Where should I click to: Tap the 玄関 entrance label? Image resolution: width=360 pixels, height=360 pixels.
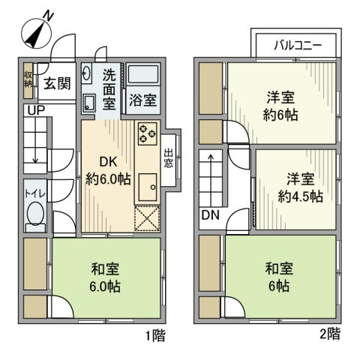pyautogui.click(x=56, y=83)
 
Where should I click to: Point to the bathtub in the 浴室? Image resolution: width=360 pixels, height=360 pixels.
pyautogui.click(x=142, y=76)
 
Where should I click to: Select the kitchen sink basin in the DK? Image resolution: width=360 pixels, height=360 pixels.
pyautogui.click(x=146, y=183)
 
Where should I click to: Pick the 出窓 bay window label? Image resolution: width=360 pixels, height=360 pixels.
pyautogui.click(x=169, y=158)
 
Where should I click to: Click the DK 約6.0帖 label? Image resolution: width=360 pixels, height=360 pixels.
pyautogui.click(x=108, y=169)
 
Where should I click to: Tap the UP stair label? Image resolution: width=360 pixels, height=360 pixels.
pyautogui.click(x=34, y=111)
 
